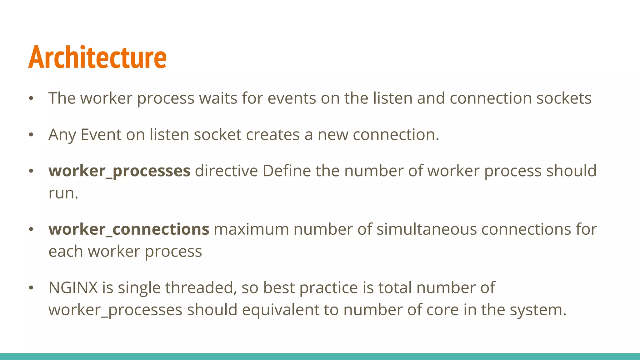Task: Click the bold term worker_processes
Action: (x=119, y=171)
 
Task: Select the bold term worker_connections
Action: (x=129, y=229)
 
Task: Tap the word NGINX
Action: (x=73, y=288)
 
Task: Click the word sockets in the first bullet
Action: (x=564, y=98)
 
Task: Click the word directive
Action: (x=226, y=171)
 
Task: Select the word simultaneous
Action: (x=427, y=229)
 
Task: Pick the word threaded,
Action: (x=201, y=288)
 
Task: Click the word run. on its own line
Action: (x=63, y=193)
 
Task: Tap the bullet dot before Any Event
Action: (x=31, y=135)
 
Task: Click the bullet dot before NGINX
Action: (x=31, y=288)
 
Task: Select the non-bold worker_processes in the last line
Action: (x=115, y=310)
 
